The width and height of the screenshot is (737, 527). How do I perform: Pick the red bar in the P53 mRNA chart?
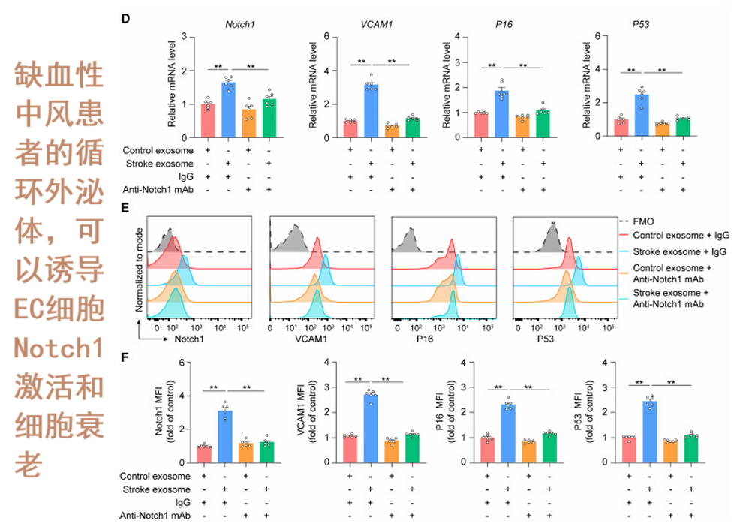(x=620, y=127)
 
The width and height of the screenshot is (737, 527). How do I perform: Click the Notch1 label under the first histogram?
(x=188, y=339)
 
